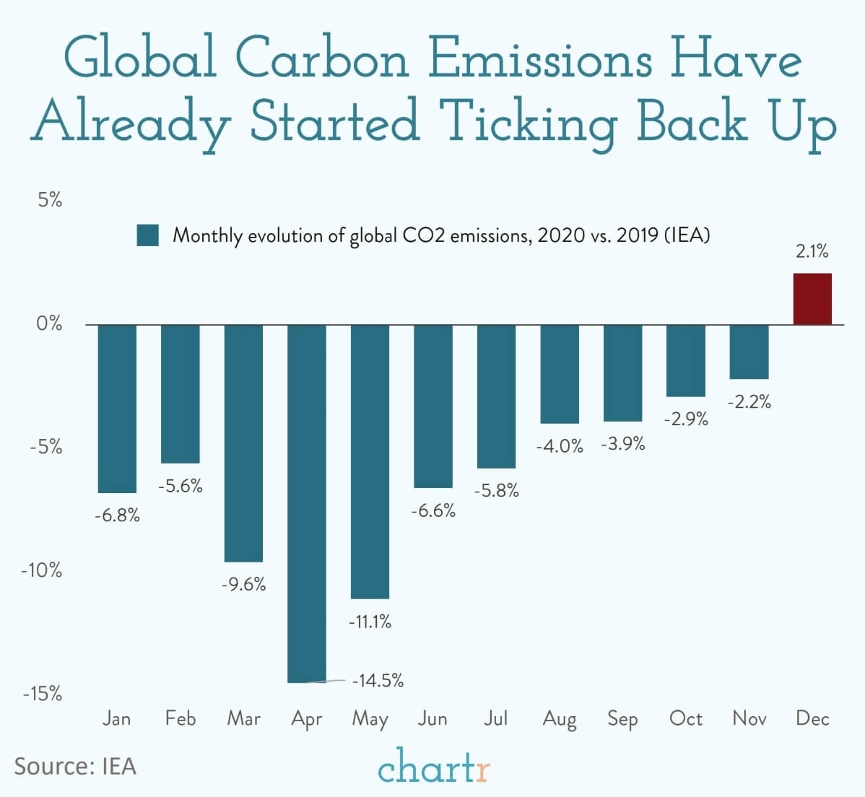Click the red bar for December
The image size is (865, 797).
(812, 299)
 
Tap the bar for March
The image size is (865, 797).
(243, 443)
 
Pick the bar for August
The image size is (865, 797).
(560, 374)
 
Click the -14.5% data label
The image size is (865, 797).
(378, 680)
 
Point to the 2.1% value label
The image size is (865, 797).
(812, 252)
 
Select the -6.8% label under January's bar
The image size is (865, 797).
(117, 515)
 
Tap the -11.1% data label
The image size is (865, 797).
(370, 621)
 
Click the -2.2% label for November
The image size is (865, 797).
(749, 402)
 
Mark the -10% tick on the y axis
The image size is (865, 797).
(42, 570)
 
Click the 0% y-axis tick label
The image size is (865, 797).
(49, 323)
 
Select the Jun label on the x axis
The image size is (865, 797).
(432, 718)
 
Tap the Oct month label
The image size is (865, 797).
(685, 718)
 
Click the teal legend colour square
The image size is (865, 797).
(147, 235)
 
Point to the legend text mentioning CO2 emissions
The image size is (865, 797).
(441, 236)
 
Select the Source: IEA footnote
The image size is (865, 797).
(75, 765)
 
